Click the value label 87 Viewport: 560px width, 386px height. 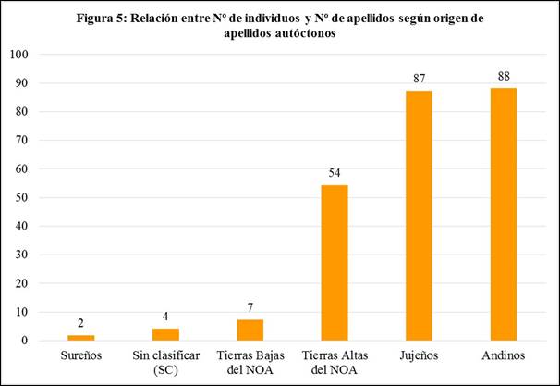coord(418,78)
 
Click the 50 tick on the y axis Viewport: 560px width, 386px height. coord(22,197)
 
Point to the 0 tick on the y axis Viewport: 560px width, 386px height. coord(25,341)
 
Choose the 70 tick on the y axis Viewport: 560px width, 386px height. coord(22,141)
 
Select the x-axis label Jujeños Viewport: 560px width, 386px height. coord(418,356)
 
